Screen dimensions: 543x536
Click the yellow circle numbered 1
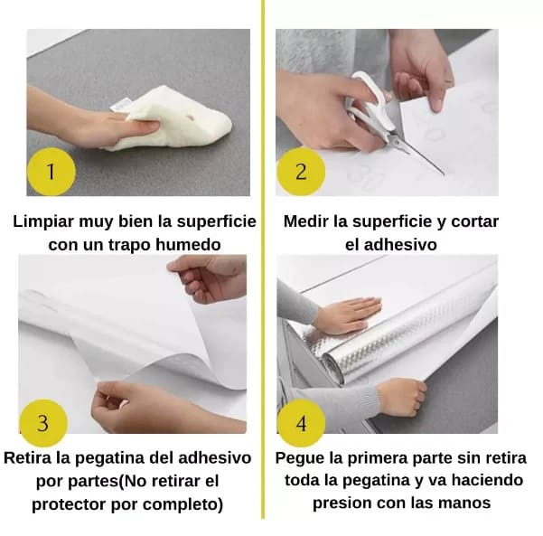[x=51, y=172]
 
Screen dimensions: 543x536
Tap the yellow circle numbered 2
[x=301, y=172]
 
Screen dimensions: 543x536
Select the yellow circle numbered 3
[x=43, y=423]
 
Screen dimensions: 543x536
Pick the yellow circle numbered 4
[x=301, y=423]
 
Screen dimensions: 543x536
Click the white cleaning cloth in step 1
[x=173, y=118]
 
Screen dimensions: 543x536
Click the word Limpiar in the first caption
[x=44, y=221]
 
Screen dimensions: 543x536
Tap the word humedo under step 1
[x=188, y=245]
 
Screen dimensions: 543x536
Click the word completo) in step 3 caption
[x=183, y=505]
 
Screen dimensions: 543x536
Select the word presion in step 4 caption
[x=342, y=503]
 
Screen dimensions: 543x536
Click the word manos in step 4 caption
[x=465, y=503]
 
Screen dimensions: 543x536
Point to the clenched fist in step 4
[x=402, y=397]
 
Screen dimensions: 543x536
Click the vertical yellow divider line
[x=263, y=259]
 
